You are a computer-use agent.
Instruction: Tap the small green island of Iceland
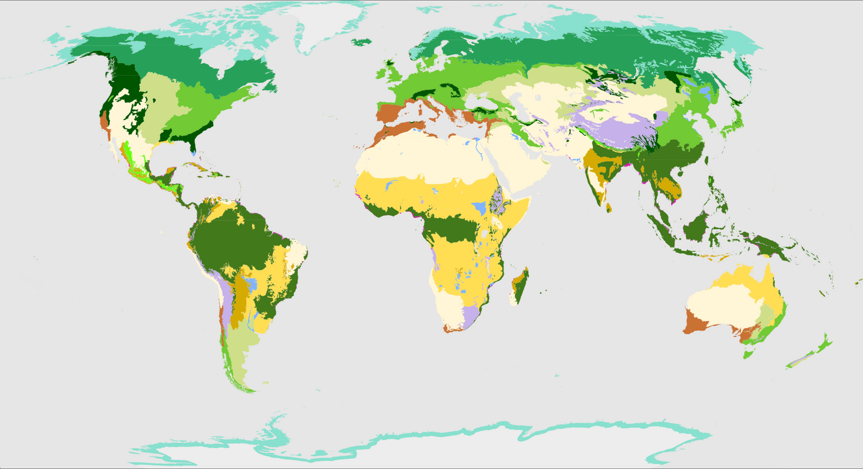pyautogui.click(x=360, y=41)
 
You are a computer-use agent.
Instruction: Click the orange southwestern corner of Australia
pyautogui.click(x=693, y=323)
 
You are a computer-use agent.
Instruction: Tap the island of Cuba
pyautogui.click(x=198, y=167)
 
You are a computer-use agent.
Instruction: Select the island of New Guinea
pyautogui.click(x=765, y=242)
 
